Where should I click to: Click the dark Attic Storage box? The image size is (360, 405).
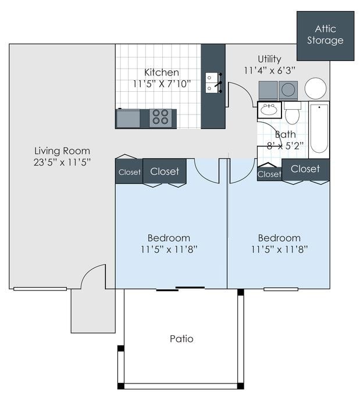click(325, 35)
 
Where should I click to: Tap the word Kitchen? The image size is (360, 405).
click(162, 73)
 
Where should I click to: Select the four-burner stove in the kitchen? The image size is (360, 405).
click(161, 117)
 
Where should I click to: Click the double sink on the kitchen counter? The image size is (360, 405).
click(212, 83)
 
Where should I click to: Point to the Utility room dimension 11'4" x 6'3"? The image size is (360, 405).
click(269, 70)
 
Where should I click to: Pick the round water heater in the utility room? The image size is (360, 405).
click(315, 88)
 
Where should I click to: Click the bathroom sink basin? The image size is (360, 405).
click(269, 110)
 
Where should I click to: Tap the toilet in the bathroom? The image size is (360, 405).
click(292, 113)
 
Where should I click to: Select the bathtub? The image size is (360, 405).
click(319, 128)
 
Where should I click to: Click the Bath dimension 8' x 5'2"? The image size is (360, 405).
click(285, 146)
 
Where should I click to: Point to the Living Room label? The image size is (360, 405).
click(62, 151)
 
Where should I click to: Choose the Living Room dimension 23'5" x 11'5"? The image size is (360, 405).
click(62, 163)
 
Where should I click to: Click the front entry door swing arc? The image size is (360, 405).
click(93, 276)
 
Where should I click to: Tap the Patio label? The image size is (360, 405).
click(181, 339)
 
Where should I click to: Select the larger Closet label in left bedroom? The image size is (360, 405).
click(165, 171)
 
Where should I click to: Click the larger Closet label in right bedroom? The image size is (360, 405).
click(305, 169)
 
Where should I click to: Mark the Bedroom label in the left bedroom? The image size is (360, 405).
click(169, 238)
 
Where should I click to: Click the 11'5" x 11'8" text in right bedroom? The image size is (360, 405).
click(279, 249)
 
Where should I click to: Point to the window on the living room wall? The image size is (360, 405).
click(40, 289)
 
